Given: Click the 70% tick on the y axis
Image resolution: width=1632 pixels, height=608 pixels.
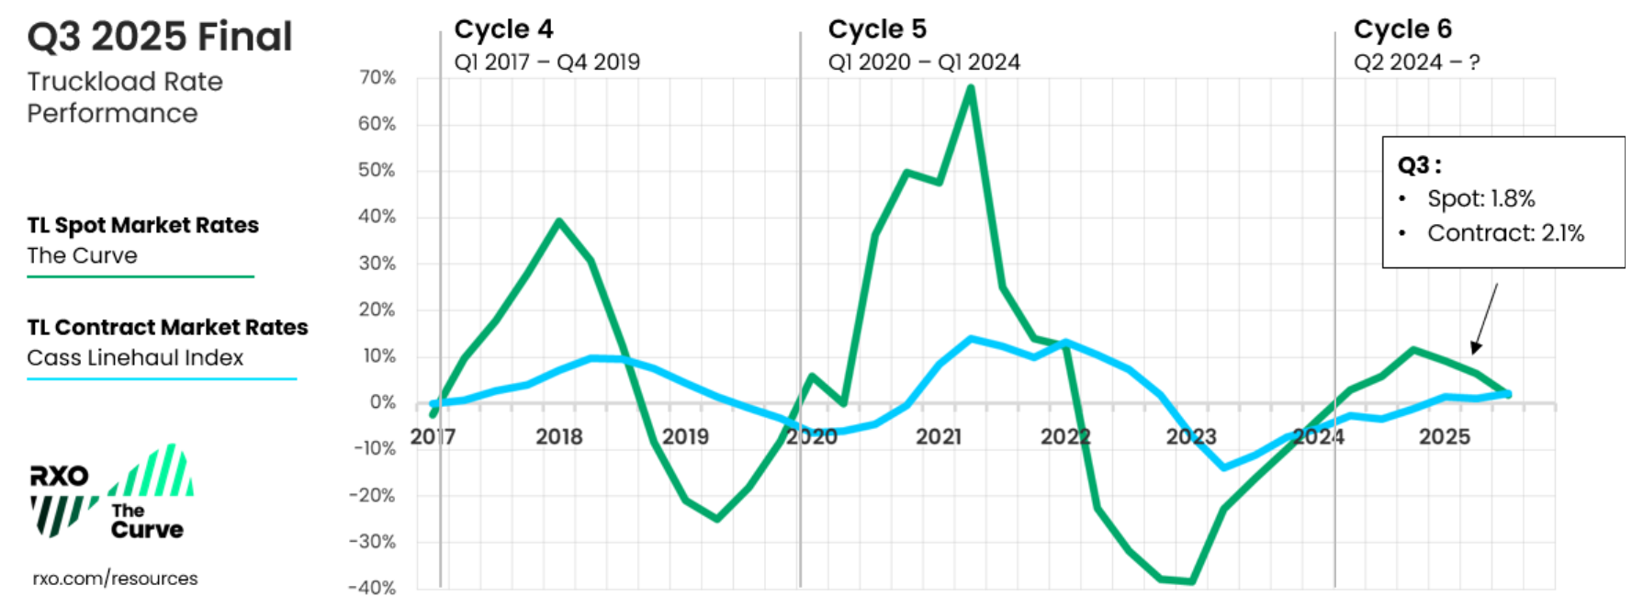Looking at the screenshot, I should (377, 78).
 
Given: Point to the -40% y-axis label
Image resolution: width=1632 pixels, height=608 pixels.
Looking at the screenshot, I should (373, 588).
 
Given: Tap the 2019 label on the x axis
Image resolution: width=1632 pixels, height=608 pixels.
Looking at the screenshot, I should (685, 436).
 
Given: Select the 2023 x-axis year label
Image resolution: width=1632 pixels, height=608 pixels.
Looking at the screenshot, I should (1191, 436).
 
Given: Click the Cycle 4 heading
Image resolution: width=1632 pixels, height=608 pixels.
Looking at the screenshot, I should (503, 29).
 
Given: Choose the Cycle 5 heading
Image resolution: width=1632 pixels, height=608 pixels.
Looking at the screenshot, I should (877, 29).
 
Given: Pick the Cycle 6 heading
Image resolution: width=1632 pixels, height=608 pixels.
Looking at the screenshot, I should (1402, 29).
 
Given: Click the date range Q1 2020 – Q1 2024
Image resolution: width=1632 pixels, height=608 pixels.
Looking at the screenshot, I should (924, 62).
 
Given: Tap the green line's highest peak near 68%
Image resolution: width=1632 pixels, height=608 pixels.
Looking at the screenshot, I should (971, 88).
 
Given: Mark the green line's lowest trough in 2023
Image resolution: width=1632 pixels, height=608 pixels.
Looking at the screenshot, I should (1191, 581).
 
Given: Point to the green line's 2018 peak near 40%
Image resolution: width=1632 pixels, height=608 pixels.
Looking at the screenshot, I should (559, 220).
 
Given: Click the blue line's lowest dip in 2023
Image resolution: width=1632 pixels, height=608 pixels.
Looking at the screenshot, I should (1223, 467).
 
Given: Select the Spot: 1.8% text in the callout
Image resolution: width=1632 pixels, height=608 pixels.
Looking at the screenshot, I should (1480, 198).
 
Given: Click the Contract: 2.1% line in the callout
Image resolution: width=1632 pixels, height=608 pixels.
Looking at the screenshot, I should (1505, 233).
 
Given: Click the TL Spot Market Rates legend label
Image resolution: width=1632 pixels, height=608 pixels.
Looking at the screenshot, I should (142, 225).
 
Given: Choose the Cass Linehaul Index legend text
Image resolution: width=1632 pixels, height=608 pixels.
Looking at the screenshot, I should (135, 358).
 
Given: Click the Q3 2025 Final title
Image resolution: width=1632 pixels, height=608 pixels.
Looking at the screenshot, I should (160, 38).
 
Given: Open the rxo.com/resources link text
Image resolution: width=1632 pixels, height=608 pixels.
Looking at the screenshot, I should (115, 579).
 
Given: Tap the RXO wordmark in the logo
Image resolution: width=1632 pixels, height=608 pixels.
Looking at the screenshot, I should (60, 476).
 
